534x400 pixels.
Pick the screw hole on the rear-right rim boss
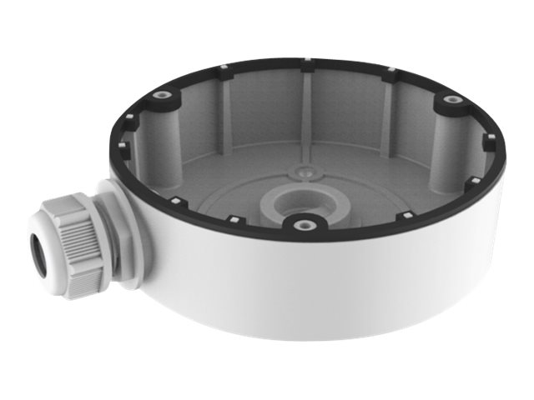[452, 100]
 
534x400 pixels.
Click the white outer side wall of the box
[334, 283]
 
